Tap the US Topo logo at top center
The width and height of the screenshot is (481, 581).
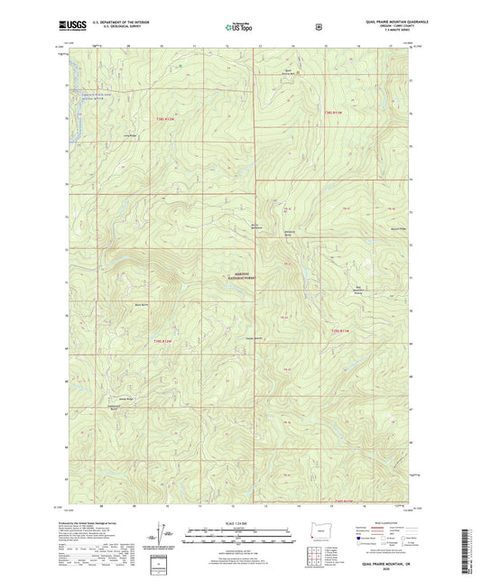coord(239,28)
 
